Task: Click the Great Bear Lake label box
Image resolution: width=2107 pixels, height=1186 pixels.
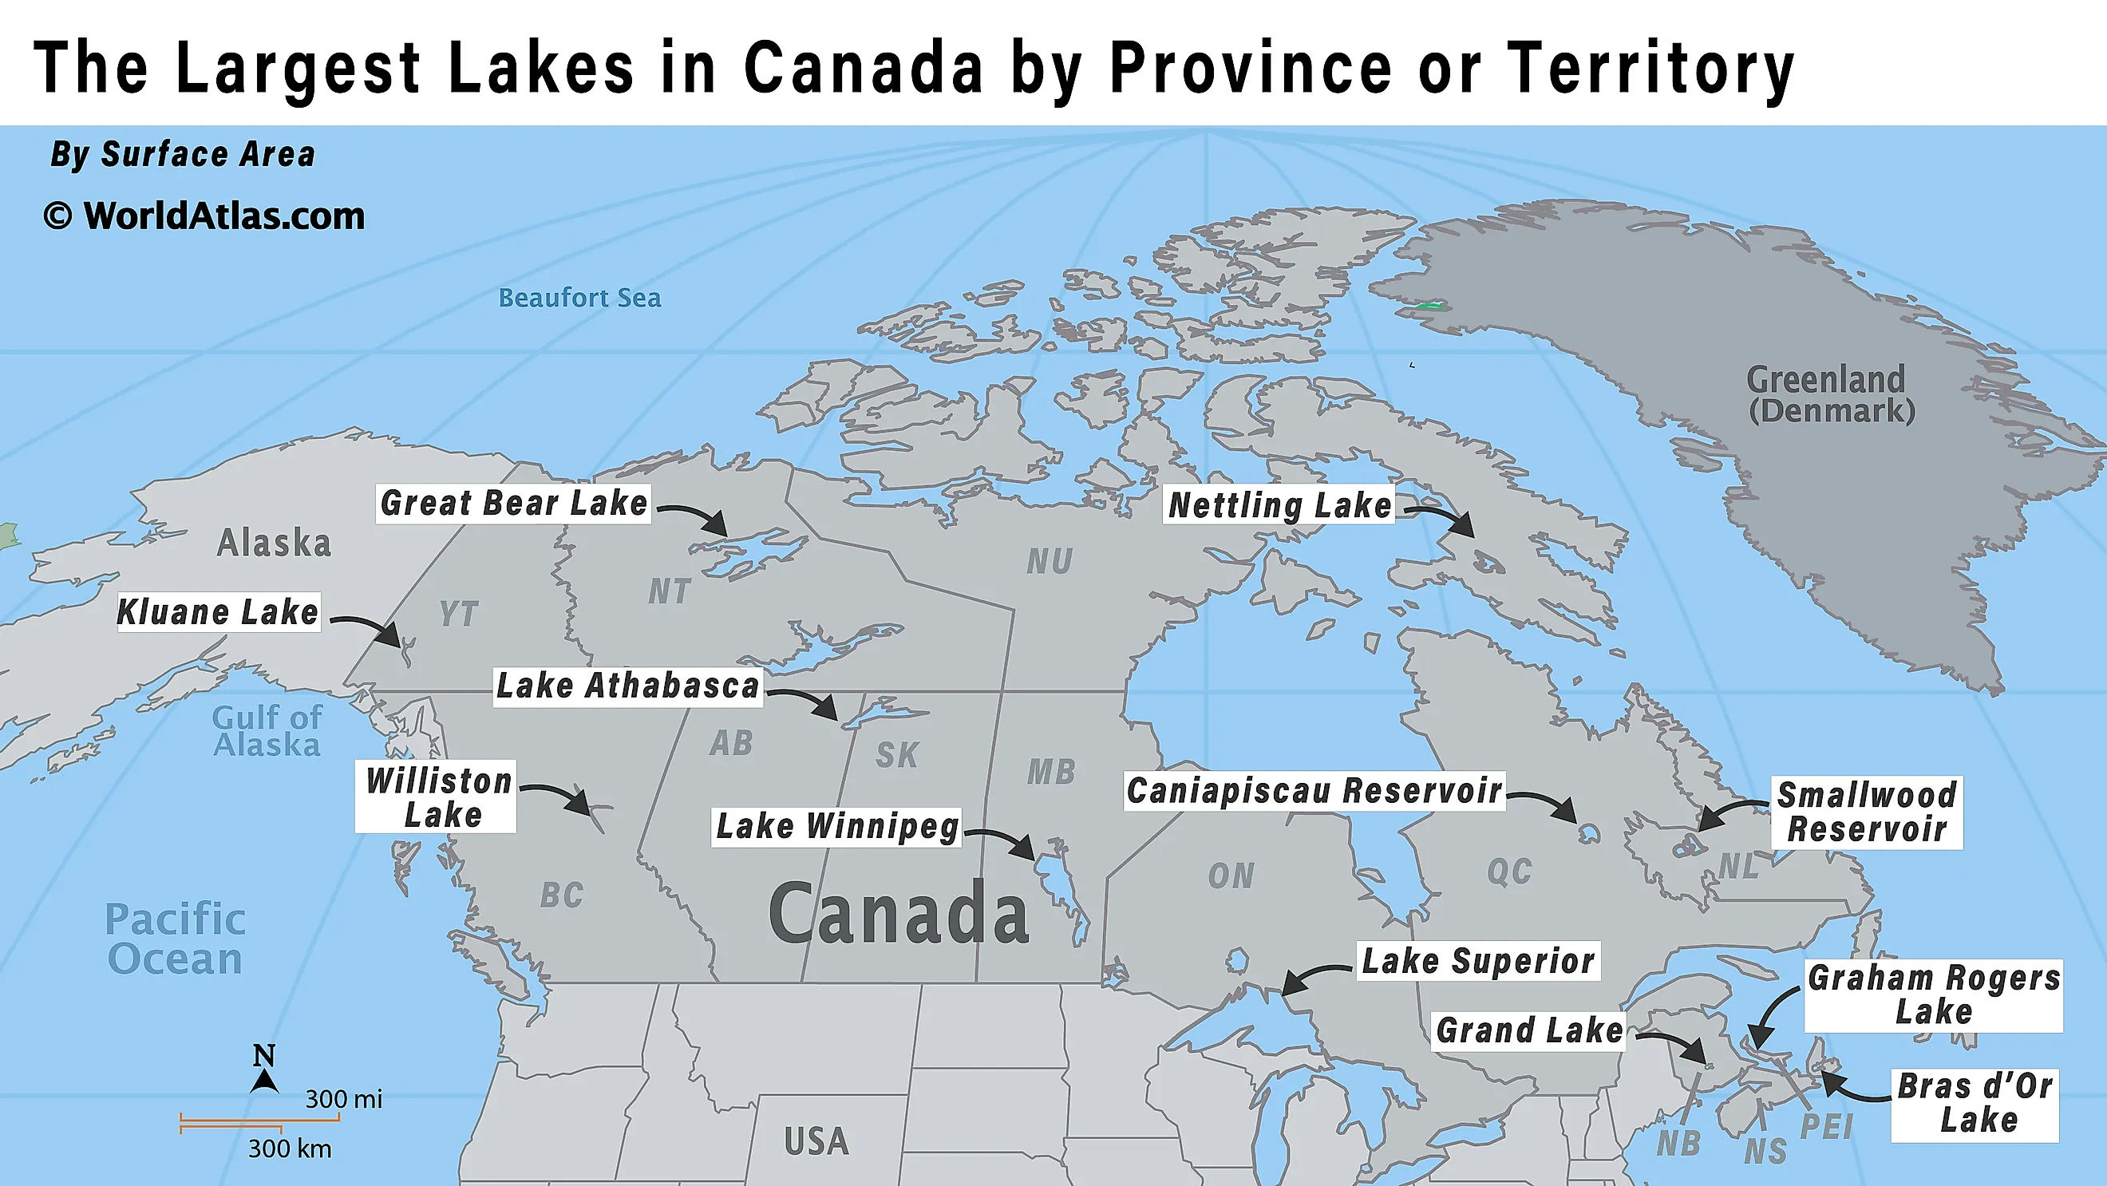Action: click(514, 503)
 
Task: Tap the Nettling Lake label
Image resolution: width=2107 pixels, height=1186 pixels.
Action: click(1279, 504)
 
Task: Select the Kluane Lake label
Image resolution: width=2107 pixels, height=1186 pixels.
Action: click(218, 612)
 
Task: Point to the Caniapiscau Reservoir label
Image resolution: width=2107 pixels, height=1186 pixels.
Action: click(1314, 791)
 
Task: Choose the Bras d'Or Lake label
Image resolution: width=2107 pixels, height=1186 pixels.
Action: click(1974, 1105)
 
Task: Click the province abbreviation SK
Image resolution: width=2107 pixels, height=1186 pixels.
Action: click(896, 755)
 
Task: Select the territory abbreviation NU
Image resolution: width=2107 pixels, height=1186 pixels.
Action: click(1050, 562)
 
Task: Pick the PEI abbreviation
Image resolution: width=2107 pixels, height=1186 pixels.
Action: click(1825, 1127)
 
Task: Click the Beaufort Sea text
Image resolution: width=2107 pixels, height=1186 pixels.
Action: click(579, 298)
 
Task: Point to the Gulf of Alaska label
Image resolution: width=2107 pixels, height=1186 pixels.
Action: click(267, 731)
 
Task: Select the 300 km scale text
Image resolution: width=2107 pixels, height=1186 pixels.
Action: click(290, 1149)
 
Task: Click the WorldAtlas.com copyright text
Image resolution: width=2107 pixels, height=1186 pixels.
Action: click(204, 217)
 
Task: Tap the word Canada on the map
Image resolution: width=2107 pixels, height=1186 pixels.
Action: click(898, 915)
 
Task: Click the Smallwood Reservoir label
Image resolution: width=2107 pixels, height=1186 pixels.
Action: click(1867, 812)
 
